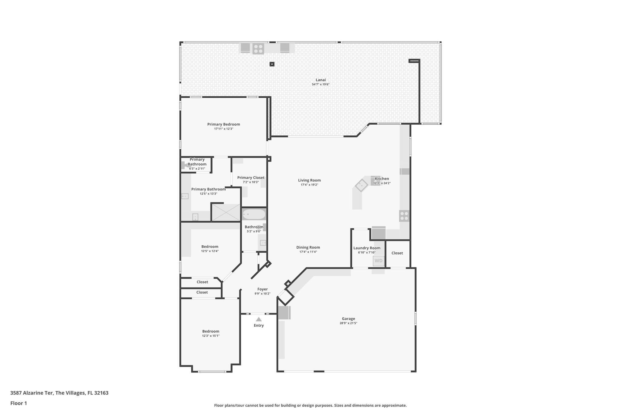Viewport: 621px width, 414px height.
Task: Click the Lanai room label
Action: [x=321, y=80]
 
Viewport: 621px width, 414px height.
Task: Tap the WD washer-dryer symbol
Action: [x=378, y=261]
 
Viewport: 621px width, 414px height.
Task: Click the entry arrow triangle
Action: [x=259, y=319]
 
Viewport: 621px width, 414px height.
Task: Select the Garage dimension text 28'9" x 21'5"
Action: [x=348, y=323]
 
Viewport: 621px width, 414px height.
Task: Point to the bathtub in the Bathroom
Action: [x=254, y=214]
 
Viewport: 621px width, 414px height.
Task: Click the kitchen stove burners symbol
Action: [x=404, y=216]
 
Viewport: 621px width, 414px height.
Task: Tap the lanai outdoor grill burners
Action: [x=258, y=49]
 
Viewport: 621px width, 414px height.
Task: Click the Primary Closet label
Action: [x=251, y=178]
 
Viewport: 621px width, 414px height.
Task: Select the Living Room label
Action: [x=309, y=180]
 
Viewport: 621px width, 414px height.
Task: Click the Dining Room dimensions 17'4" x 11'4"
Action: [x=308, y=252]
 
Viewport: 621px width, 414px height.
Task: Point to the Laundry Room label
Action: [x=367, y=248]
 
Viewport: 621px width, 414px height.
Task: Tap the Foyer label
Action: [x=262, y=289]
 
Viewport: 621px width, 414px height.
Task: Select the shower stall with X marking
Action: [x=226, y=212]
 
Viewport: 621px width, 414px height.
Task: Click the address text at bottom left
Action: [x=59, y=393]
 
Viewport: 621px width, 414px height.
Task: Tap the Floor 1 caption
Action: [x=18, y=403]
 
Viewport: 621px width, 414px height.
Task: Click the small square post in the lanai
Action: [x=272, y=64]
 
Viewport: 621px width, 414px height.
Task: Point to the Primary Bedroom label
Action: [x=223, y=124]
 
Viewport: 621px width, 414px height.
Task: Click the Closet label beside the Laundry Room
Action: [x=397, y=253]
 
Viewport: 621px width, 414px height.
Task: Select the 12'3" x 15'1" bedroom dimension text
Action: [x=211, y=336]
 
